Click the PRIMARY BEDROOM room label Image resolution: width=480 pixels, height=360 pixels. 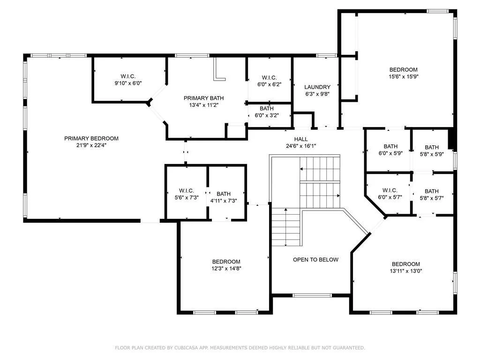click(91, 138)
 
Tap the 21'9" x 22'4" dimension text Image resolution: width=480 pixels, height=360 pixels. click(91, 145)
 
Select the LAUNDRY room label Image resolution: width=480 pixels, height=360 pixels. click(317, 87)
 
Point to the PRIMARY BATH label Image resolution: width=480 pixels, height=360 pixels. click(203, 98)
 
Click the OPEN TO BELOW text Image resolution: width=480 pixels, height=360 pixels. click(315, 260)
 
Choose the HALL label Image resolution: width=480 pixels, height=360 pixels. click(301, 139)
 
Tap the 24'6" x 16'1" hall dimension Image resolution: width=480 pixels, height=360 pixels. click(301, 146)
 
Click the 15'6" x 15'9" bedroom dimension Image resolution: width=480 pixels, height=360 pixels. click(404, 76)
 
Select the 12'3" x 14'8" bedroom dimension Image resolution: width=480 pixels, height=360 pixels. click(226, 269)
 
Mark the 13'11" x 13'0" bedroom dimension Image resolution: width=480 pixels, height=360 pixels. click(406, 271)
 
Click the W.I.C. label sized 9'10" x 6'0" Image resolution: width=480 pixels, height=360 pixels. click(128, 76)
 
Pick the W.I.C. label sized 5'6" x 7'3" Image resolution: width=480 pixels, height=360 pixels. click(187, 191)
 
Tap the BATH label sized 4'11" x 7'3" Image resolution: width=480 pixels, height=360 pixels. click(224, 194)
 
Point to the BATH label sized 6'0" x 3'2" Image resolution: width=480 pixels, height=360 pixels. click(267, 109)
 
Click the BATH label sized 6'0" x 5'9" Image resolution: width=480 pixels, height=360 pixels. click(390, 147)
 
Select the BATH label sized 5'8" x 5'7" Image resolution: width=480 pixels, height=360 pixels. click(432, 191)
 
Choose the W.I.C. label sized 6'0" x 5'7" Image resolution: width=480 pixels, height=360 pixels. click(390, 190)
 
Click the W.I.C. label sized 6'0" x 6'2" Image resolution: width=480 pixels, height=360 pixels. click(270, 78)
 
